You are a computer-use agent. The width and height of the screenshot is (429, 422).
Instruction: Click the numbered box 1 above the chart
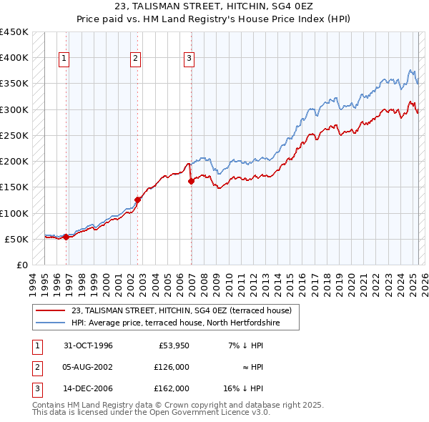tap(64, 59)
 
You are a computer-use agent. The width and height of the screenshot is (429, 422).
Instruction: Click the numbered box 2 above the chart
tap(136, 59)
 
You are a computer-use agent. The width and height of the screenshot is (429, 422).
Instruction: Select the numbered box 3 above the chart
tap(189, 59)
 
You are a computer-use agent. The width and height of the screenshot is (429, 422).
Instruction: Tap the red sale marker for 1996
tap(66, 237)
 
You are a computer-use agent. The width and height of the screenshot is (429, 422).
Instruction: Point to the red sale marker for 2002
tap(138, 200)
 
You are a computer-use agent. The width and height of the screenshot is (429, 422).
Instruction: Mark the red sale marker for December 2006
tap(192, 181)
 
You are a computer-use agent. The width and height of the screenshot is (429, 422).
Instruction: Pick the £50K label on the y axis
tap(16, 239)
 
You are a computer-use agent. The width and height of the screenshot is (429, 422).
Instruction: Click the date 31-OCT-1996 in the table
tap(87, 345)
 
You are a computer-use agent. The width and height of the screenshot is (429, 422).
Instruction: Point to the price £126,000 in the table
tap(172, 367)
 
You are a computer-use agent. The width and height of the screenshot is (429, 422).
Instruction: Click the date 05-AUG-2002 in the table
tap(88, 367)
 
